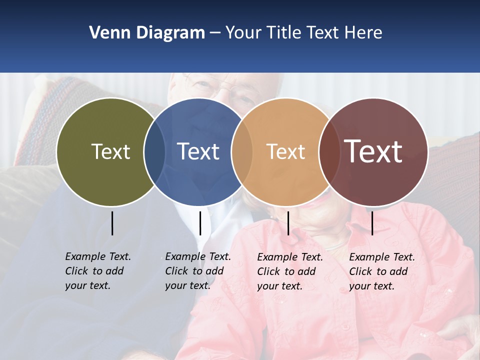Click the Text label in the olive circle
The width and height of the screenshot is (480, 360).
(x=110, y=151)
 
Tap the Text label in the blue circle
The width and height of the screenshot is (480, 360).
(x=198, y=151)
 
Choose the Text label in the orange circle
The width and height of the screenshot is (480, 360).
(x=285, y=151)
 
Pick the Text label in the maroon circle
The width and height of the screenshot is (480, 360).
(x=373, y=151)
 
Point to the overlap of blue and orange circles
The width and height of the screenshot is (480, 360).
(x=241, y=151)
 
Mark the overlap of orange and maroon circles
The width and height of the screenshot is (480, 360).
(x=327, y=151)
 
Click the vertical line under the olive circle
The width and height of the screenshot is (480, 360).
(x=112, y=223)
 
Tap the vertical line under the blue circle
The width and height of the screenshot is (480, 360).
(x=200, y=223)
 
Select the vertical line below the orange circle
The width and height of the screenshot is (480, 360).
(x=288, y=223)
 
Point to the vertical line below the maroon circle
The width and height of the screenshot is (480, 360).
(x=372, y=223)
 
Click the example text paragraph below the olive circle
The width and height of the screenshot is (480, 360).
(x=97, y=271)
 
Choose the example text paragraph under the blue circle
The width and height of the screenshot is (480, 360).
(x=197, y=271)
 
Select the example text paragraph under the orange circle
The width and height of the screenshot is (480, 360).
(x=289, y=271)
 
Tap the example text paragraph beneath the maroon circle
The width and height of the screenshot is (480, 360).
(x=381, y=271)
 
